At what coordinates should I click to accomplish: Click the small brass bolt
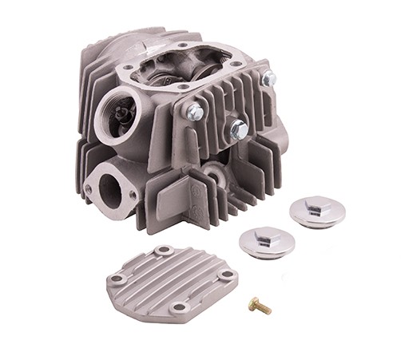260,306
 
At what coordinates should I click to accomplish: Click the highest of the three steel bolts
269,77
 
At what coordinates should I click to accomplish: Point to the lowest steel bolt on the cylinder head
237,129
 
